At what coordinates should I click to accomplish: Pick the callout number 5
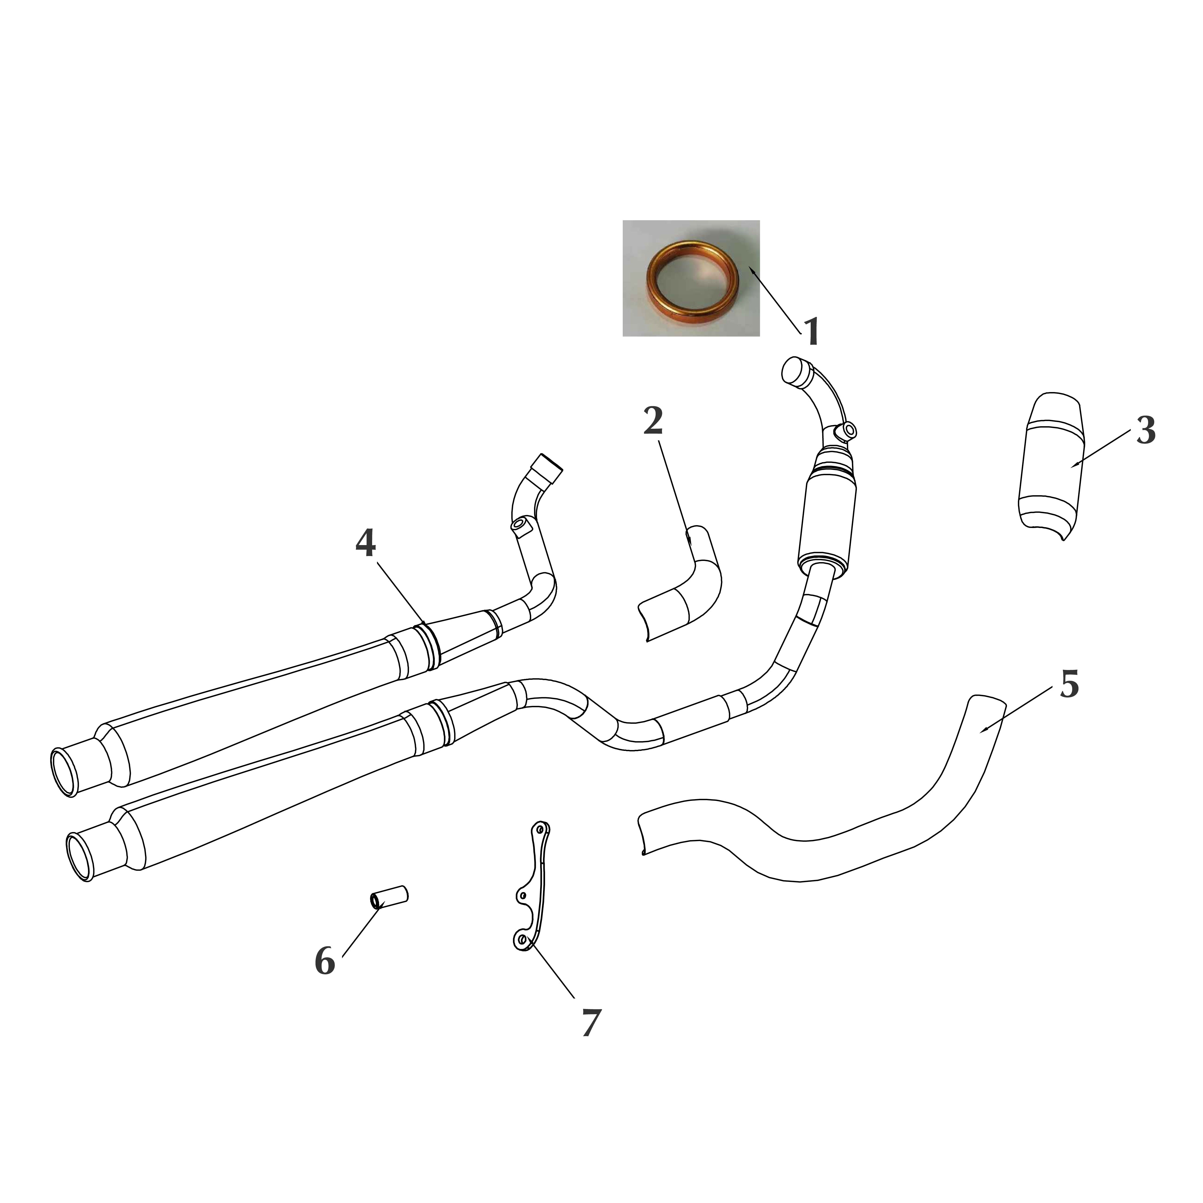1069,685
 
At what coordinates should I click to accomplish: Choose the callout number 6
324,962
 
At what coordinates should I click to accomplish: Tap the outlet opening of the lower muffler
80,857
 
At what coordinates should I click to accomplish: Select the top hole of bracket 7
540,830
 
